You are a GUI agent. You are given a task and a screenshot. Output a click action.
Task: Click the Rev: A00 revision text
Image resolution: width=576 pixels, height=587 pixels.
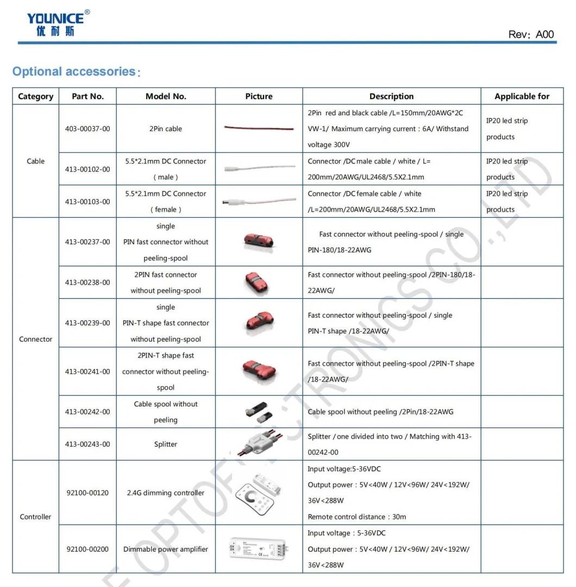[531, 34]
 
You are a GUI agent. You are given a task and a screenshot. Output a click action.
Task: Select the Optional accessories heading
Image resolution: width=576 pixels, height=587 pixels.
[75, 72]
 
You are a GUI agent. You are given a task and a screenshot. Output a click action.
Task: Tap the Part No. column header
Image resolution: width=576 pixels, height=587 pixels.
[87, 96]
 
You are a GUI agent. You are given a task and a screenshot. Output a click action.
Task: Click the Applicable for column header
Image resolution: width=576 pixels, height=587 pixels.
[522, 96]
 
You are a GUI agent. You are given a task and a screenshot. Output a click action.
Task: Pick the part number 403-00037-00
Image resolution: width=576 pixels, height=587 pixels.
[87, 129]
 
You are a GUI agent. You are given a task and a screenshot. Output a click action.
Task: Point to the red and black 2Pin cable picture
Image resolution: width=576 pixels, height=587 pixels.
[259, 129]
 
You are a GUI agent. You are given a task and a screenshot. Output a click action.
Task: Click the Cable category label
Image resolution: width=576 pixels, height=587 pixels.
[35, 161]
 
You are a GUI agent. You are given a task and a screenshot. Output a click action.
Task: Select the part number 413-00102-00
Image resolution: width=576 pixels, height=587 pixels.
[87, 169]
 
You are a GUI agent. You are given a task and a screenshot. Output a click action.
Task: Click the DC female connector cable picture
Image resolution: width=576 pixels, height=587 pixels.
[259, 202]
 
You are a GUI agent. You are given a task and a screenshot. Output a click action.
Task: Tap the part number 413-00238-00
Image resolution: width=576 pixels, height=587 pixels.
[87, 282]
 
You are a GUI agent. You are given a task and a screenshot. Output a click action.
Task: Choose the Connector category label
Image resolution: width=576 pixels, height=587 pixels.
[35, 339]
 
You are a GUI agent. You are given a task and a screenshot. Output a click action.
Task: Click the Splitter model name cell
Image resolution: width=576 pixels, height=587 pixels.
[166, 444]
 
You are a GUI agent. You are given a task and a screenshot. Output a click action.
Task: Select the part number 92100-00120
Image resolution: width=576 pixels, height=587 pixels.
[87, 493]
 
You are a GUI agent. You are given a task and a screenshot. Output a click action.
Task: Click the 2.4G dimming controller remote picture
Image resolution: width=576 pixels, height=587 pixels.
[259, 493]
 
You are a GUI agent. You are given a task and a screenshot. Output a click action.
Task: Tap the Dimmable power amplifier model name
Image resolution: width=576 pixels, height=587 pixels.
[166, 549]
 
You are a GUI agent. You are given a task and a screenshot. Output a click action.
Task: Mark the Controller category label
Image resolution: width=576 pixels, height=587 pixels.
[35, 517]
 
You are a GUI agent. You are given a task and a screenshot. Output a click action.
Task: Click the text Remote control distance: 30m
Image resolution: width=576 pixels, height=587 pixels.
[357, 517]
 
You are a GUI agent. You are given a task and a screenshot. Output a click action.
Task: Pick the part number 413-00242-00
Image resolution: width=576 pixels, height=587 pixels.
[87, 412]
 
